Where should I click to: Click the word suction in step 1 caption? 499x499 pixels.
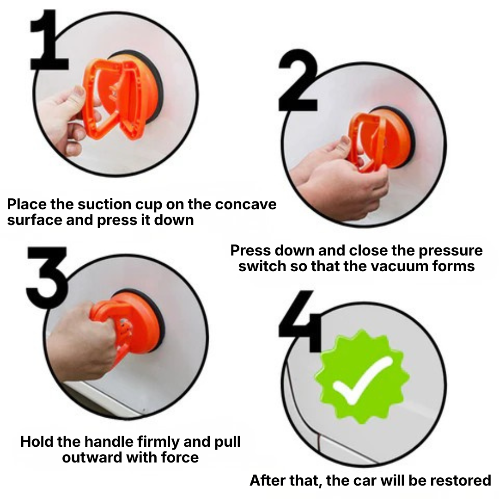(x=98, y=204)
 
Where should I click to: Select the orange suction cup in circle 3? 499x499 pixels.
(x=134, y=323)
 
